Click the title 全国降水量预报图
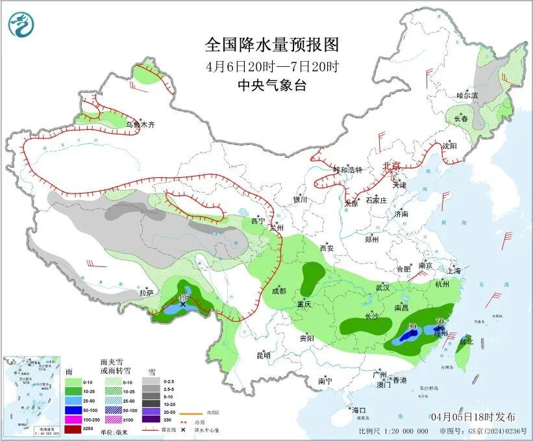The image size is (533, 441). click(272, 45)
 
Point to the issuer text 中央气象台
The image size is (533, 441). click(271, 85)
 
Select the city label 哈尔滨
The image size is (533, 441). click(466, 95)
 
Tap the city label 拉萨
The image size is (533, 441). click(146, 293)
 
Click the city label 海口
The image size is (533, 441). click(359, 410)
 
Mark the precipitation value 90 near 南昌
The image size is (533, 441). click(412, 327)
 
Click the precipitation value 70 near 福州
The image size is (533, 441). click(439, 321)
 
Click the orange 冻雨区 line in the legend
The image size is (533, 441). click(192, 412)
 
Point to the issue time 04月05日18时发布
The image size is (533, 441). click(473, 416)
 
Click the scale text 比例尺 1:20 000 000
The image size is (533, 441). click(393, 431)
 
